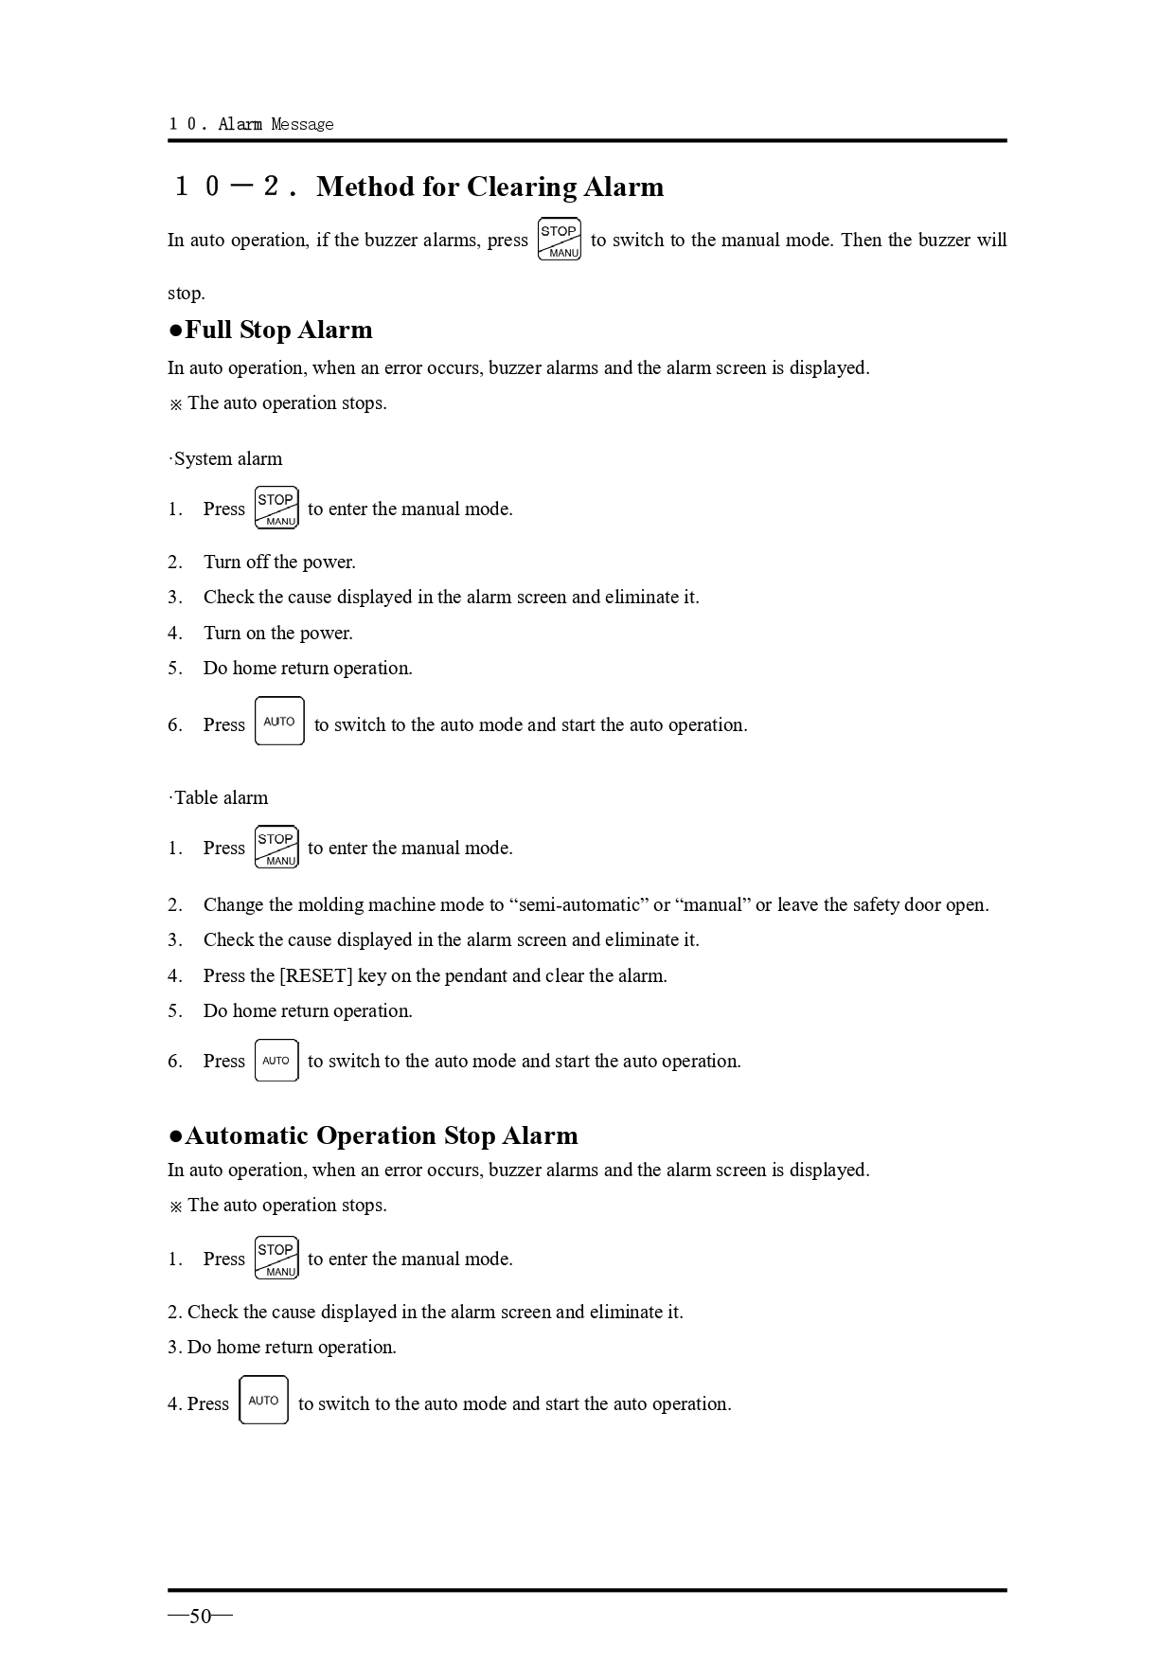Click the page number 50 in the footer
200,1617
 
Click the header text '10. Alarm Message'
251,124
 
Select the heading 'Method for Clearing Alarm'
490,187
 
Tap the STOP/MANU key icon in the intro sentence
559,240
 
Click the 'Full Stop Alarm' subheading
278,330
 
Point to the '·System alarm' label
226,459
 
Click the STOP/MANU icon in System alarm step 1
276,509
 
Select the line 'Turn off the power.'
279,563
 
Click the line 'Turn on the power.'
277,634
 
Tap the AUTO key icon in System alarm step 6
279,722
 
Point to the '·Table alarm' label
220,798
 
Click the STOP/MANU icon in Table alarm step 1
276,848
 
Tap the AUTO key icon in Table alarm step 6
276,1061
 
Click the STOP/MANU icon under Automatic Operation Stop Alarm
276,1259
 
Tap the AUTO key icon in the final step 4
263,1401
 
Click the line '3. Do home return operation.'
282,1348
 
